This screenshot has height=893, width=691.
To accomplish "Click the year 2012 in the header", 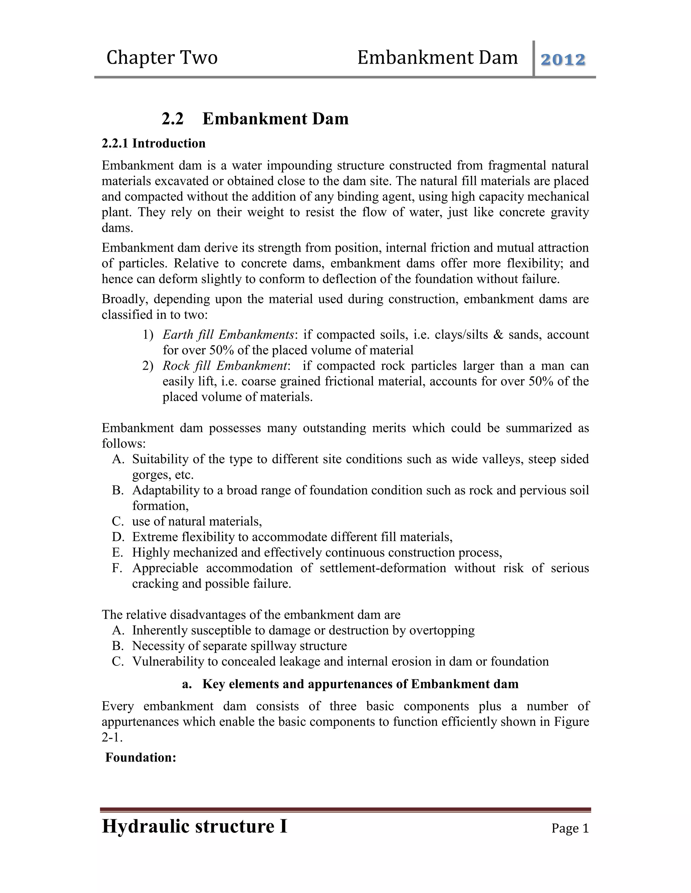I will point(563,60).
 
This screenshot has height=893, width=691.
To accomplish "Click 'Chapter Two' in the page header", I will point(162,58).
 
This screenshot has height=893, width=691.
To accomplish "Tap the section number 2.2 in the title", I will point(172,119).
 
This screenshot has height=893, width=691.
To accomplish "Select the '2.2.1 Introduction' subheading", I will point(154,144).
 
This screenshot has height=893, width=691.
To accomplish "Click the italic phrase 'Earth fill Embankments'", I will point(228,335).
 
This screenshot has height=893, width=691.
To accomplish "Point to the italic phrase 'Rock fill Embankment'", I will point(225,366).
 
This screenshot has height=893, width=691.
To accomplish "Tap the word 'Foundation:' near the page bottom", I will point(141,757).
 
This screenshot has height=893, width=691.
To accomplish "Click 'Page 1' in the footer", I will point(570,828).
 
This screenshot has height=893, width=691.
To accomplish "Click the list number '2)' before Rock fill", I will point(148,366).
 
